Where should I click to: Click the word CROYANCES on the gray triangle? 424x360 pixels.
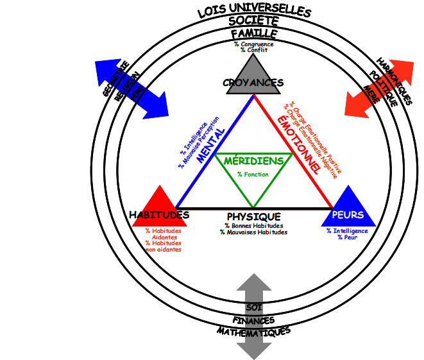[x=253, y=83]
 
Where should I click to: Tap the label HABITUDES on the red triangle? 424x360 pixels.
[x=159, y=214]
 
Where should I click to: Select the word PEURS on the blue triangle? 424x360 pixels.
[x=348, y=215]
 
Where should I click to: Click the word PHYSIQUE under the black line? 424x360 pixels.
[x=254, y=217]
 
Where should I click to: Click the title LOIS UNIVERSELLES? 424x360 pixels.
[x=254, y=11]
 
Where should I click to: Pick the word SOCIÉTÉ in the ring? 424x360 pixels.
[x=254, y=22]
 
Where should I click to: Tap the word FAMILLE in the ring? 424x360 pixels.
[x=254, y=33]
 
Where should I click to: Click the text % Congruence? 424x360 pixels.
[x=254, y=44]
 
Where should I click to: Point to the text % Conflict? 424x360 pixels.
[x=254, y=50]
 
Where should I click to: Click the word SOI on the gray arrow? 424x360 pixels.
[x=254, y=307]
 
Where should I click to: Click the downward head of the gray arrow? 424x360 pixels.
[x=254, y=349]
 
